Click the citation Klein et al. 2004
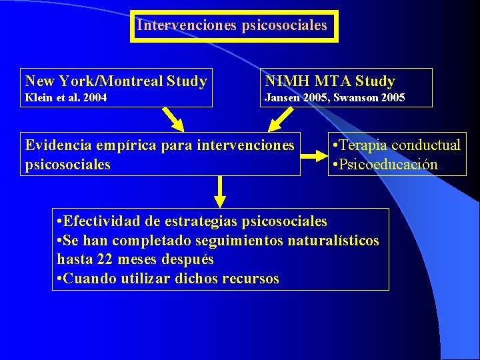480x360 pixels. coord(66,98)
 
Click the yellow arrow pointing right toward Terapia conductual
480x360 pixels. coord(313,157)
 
